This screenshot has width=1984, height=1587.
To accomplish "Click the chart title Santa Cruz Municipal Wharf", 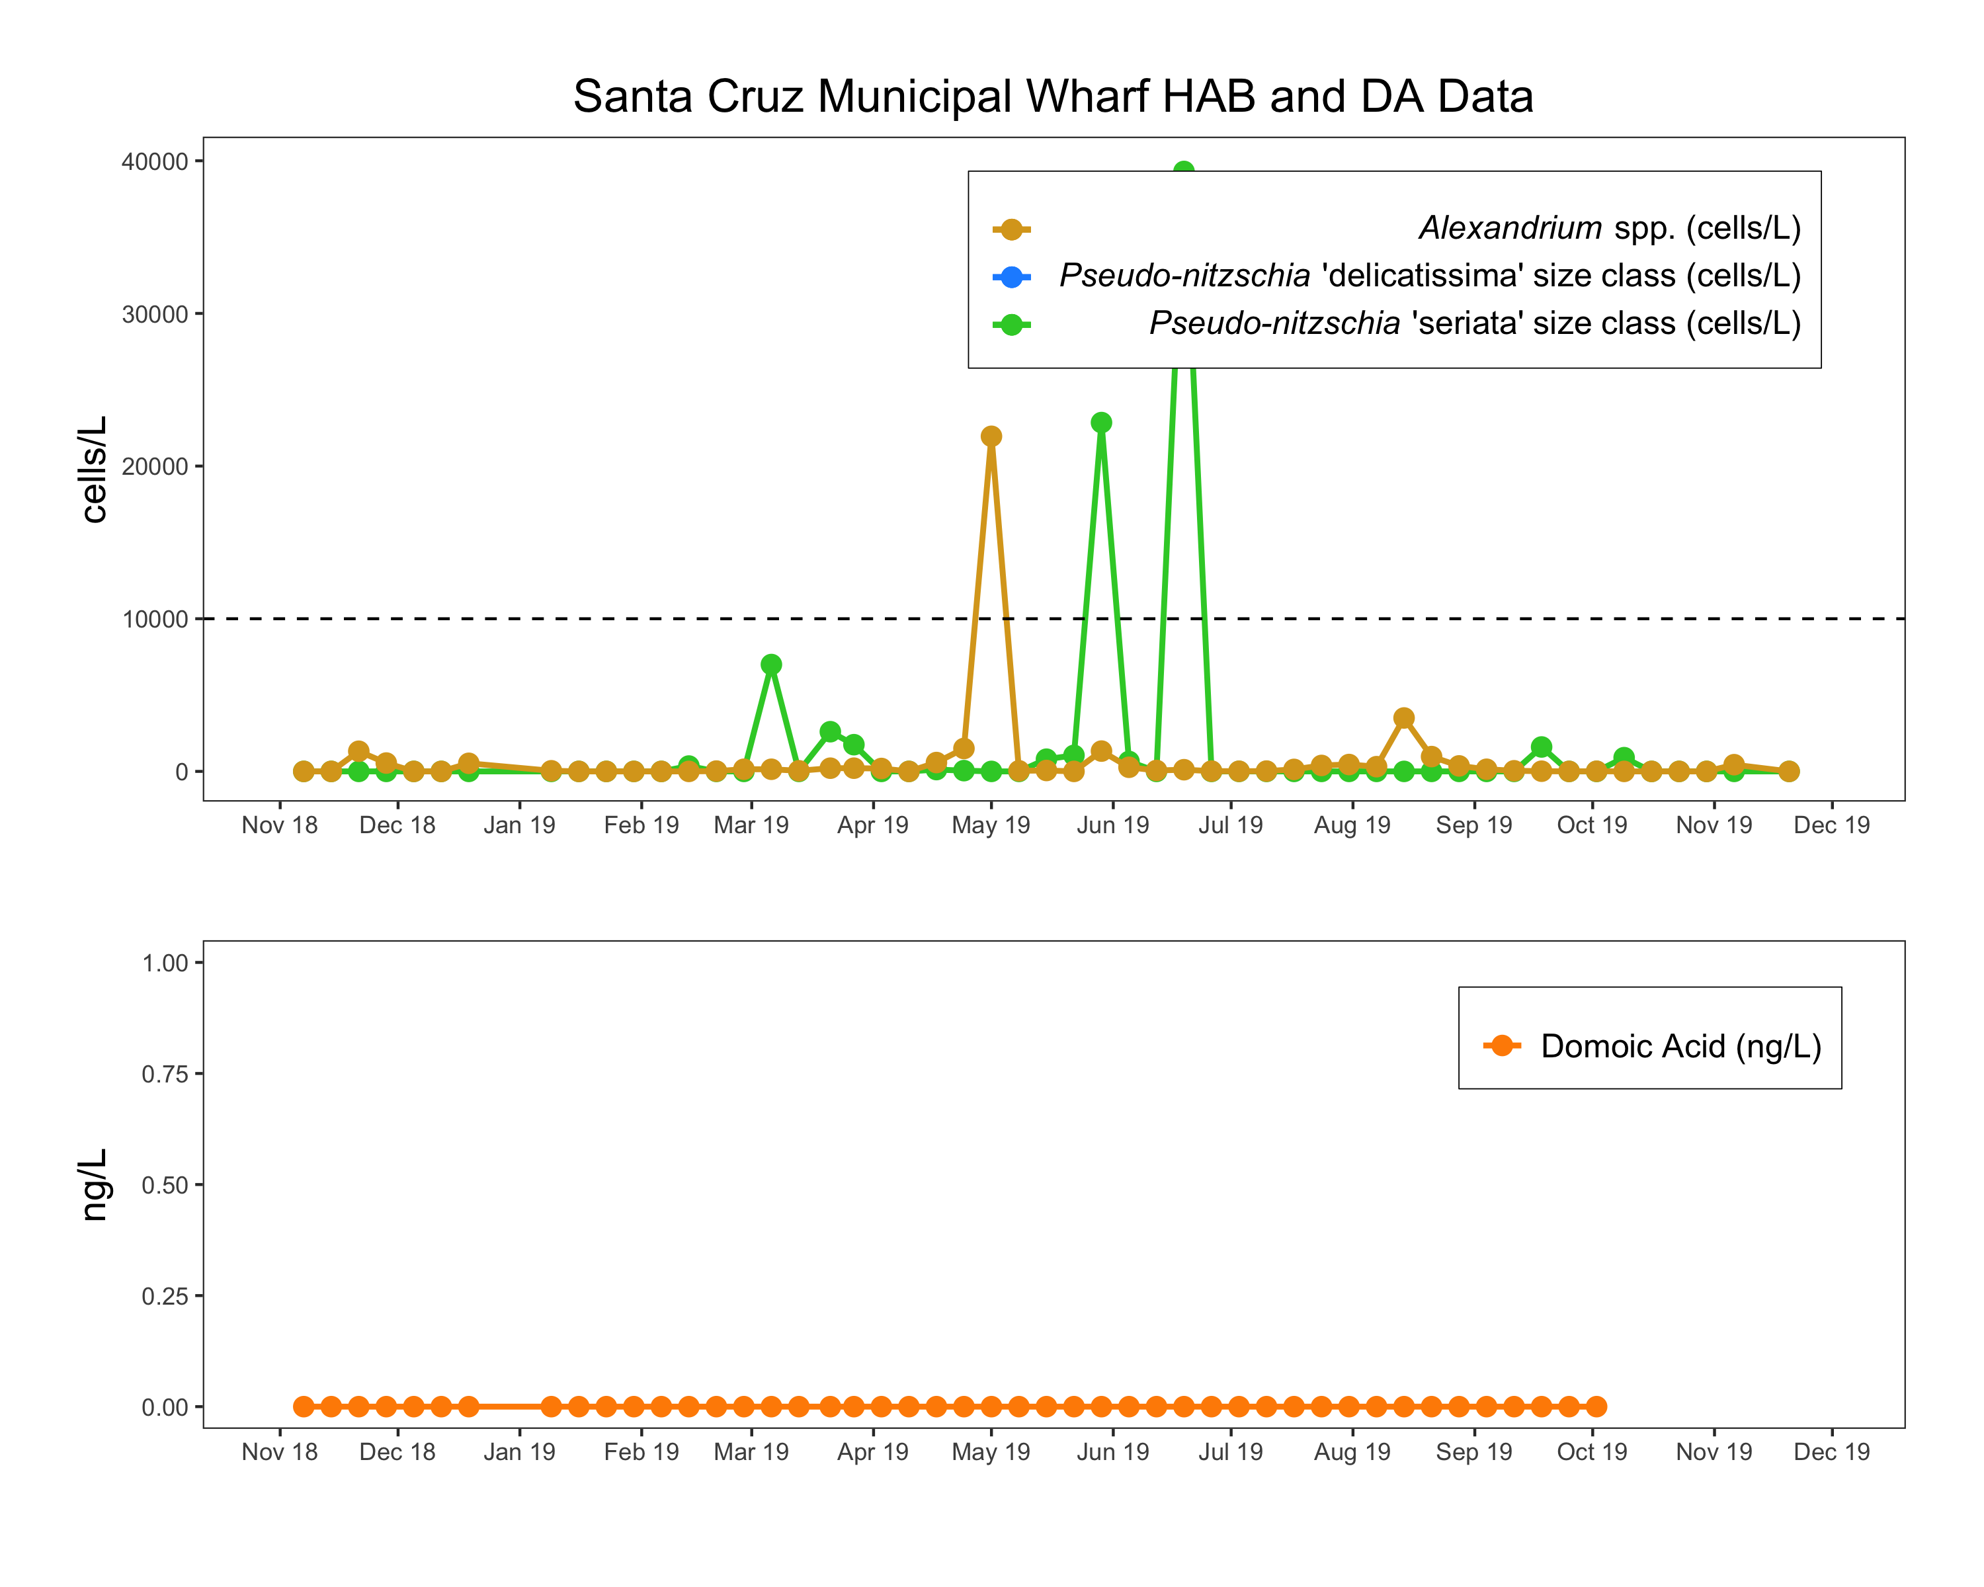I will [1053, 97].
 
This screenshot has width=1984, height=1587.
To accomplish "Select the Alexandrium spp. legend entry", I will [1608, 227].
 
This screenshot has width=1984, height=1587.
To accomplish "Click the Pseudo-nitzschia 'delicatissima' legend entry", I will [1429, 275].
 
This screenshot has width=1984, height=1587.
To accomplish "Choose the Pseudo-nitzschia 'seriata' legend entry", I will [1474, 323].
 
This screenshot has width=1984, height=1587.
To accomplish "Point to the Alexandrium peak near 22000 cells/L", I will [991, 436].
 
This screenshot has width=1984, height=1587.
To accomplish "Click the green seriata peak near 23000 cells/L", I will [1100, 423].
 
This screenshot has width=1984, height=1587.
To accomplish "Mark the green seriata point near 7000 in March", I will [771, 665].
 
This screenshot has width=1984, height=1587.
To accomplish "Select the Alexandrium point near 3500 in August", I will [1403, 717].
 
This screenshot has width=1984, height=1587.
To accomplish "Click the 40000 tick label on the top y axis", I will [155, 162].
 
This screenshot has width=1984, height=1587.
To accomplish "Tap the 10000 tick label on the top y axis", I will [155, 619].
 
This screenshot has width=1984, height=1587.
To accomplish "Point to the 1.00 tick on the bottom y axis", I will [165, 963].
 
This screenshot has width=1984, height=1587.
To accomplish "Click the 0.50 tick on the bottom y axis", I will [165, 1185].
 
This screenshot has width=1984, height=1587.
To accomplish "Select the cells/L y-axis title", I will [95, 469].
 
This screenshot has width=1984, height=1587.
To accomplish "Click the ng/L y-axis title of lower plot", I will [95, 1185].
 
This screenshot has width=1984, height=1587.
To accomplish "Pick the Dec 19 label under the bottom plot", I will [1831, 1451].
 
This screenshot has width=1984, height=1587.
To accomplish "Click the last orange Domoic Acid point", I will [1596, 1406].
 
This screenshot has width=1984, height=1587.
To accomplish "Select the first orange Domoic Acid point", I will [304, 1406].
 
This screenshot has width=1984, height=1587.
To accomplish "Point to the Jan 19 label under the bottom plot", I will [519, 1451].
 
